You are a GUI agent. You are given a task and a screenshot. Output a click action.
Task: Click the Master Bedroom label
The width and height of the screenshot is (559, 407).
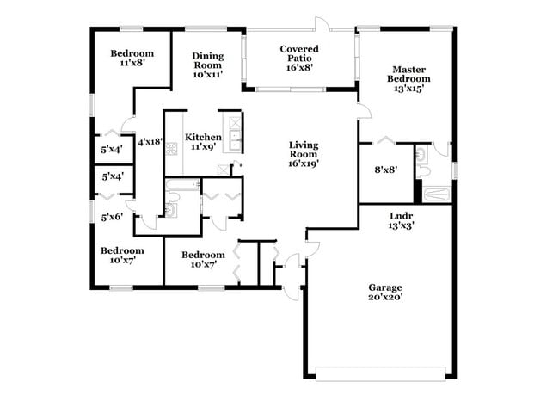click(410, 79)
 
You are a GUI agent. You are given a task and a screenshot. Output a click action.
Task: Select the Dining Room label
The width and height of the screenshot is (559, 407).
click(207, 65)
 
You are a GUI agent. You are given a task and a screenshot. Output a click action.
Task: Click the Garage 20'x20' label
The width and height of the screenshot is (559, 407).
click(385, 293)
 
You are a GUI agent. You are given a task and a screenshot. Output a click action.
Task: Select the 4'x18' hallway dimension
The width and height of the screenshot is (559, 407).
click(150, 143)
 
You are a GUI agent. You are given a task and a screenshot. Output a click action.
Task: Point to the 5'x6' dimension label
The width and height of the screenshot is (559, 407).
click(112, 217)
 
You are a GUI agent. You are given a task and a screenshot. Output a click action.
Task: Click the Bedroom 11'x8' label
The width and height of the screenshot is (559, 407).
click(132, 58)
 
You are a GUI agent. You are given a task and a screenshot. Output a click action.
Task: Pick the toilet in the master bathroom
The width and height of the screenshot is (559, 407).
click(423, 156)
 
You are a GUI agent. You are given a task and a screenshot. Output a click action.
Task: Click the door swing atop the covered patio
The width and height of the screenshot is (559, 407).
click(321, 23)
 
